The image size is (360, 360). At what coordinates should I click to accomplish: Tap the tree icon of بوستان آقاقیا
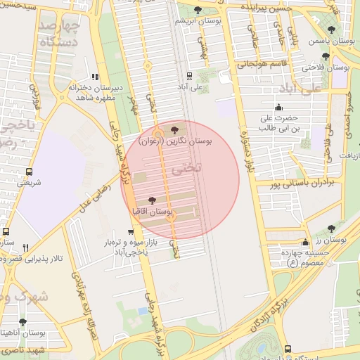[153, 201]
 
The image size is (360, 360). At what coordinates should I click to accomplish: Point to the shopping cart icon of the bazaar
[130, 231]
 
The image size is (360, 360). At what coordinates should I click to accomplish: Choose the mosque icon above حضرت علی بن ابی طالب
[279, 108]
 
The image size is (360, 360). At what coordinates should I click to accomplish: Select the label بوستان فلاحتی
[326, 67]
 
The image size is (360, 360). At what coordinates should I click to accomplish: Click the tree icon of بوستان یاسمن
[331, 30]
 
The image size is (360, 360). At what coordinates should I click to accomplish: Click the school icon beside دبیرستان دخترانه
[96, 77]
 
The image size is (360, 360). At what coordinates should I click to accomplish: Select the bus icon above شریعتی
[29, 172]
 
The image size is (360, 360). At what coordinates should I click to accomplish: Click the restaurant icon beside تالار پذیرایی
[25, 247]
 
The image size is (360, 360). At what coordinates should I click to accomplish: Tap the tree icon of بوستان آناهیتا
[22, 321]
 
